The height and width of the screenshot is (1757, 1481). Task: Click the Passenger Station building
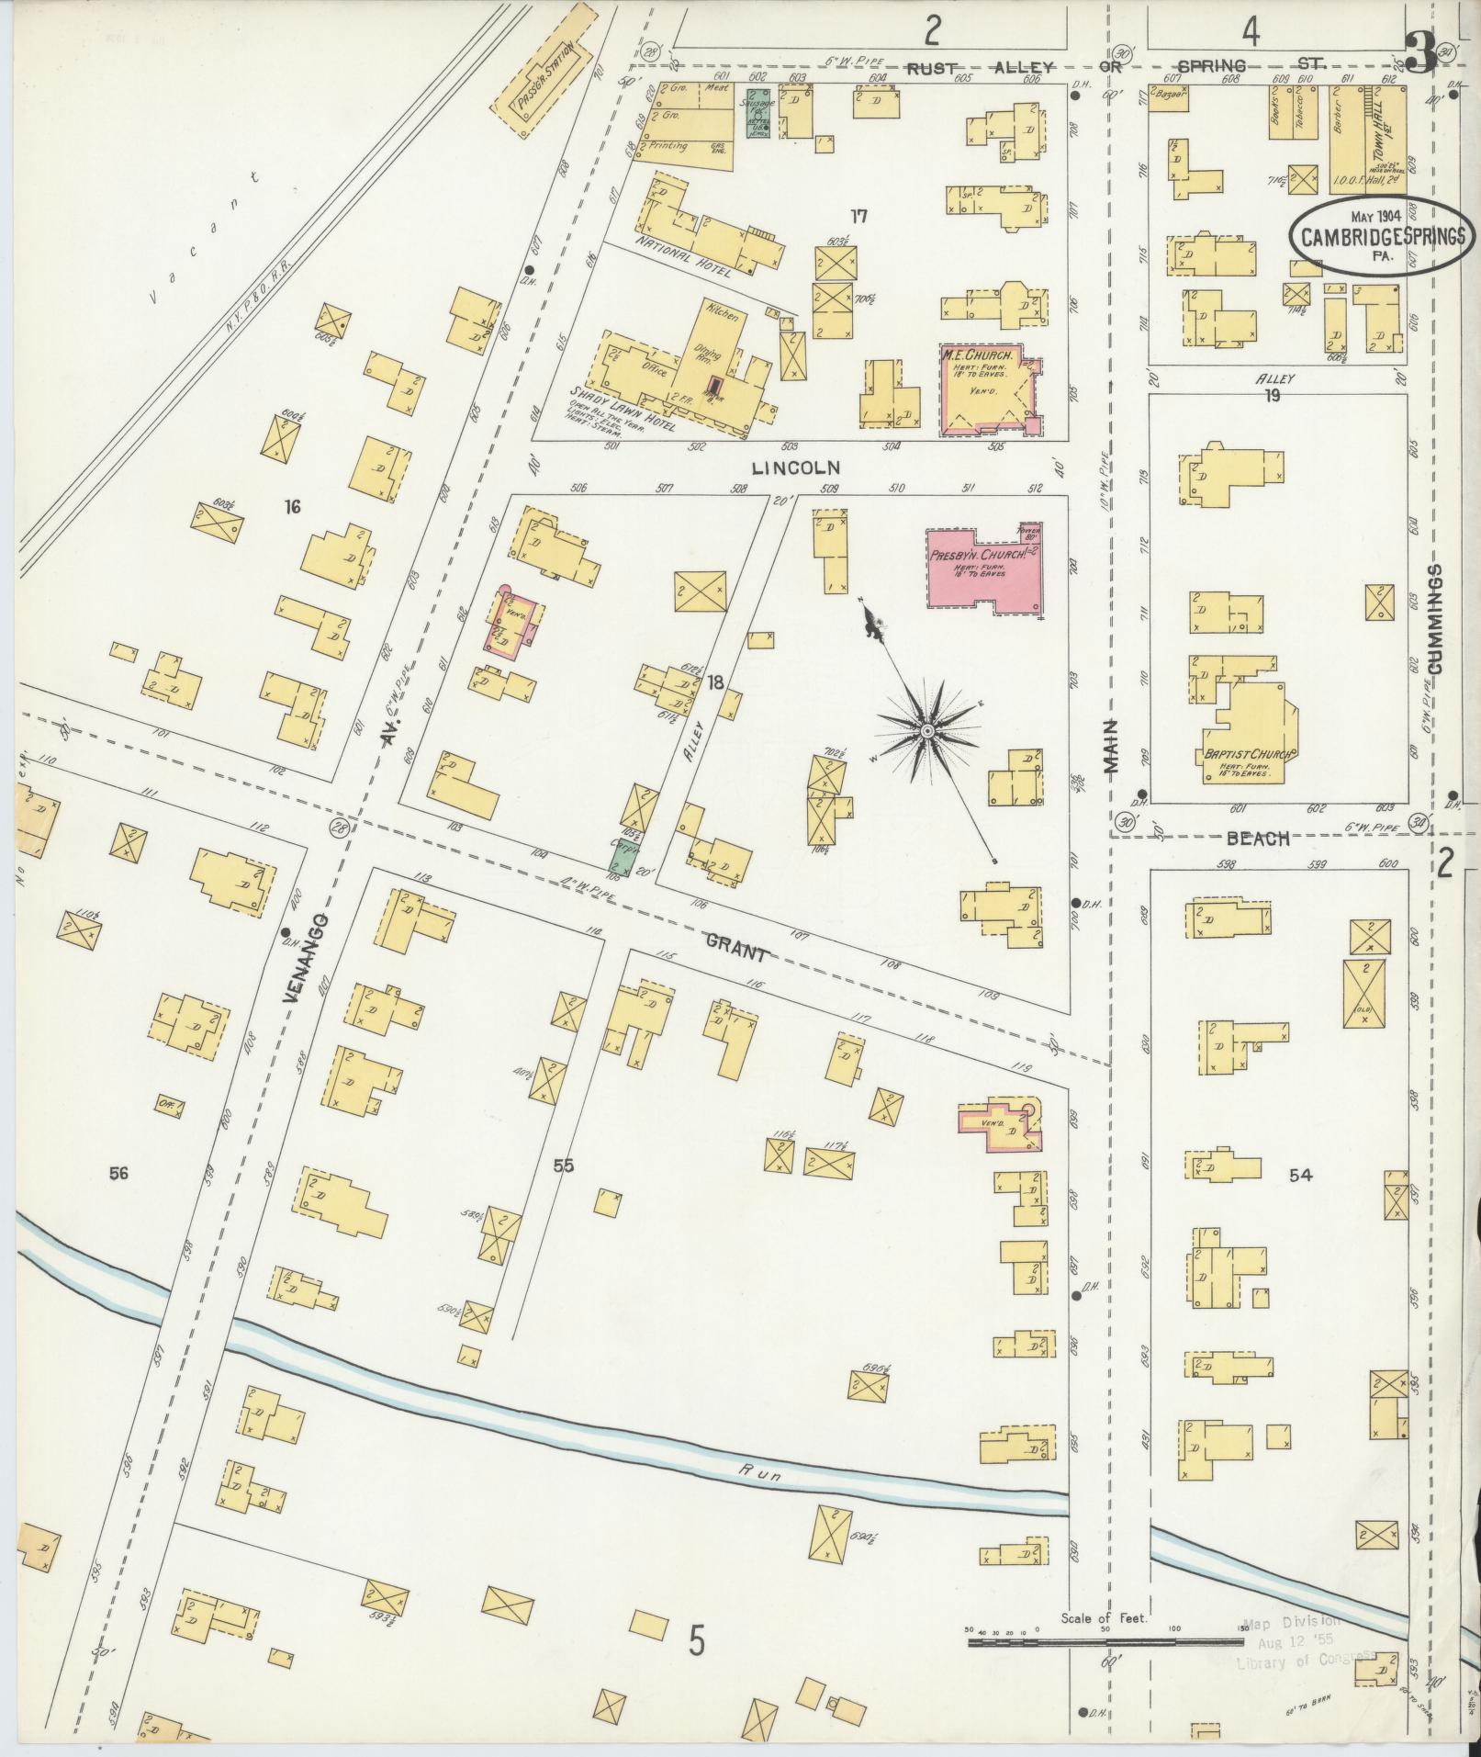551,84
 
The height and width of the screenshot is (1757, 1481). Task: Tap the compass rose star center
926,729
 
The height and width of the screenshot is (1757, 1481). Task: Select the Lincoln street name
795,467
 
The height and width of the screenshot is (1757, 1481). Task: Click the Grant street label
735,950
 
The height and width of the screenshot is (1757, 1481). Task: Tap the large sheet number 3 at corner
1421,55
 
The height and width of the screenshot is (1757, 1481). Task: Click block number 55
563,1166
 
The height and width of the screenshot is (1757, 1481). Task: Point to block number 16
292,507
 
